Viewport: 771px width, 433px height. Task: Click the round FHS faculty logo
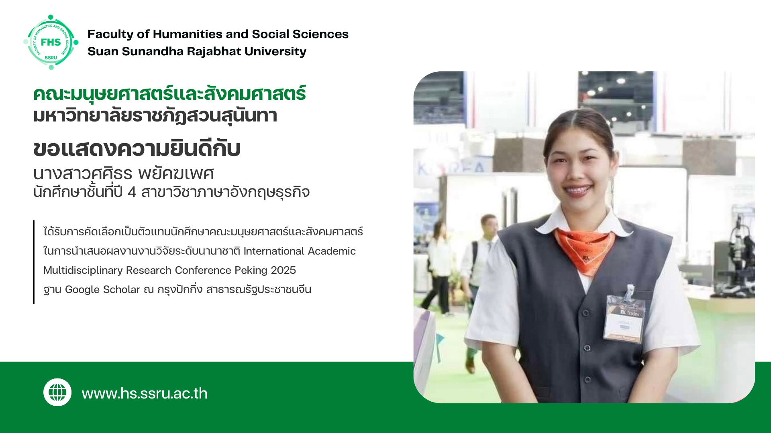[x=51, y=42]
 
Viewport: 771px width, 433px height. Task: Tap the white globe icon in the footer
[x=57, y=392]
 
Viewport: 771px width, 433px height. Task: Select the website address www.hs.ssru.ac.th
[x=145, y=393]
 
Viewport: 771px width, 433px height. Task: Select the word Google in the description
[x=82, y=289]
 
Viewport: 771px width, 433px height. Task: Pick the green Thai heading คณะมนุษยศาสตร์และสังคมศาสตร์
[x=169, y=94]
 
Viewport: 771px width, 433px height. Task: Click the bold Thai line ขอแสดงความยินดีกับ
[x=137, y=148]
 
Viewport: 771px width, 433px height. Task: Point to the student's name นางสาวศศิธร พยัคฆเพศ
[x=123, y=174]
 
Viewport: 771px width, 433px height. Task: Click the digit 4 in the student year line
[x=132, y=192]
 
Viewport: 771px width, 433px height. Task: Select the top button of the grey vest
[x=585, y=313]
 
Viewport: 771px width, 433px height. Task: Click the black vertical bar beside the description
[x=34, y=262]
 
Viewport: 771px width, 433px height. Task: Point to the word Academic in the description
[x=332, y=251]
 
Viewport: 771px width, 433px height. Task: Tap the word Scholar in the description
[x=121, y=289]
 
